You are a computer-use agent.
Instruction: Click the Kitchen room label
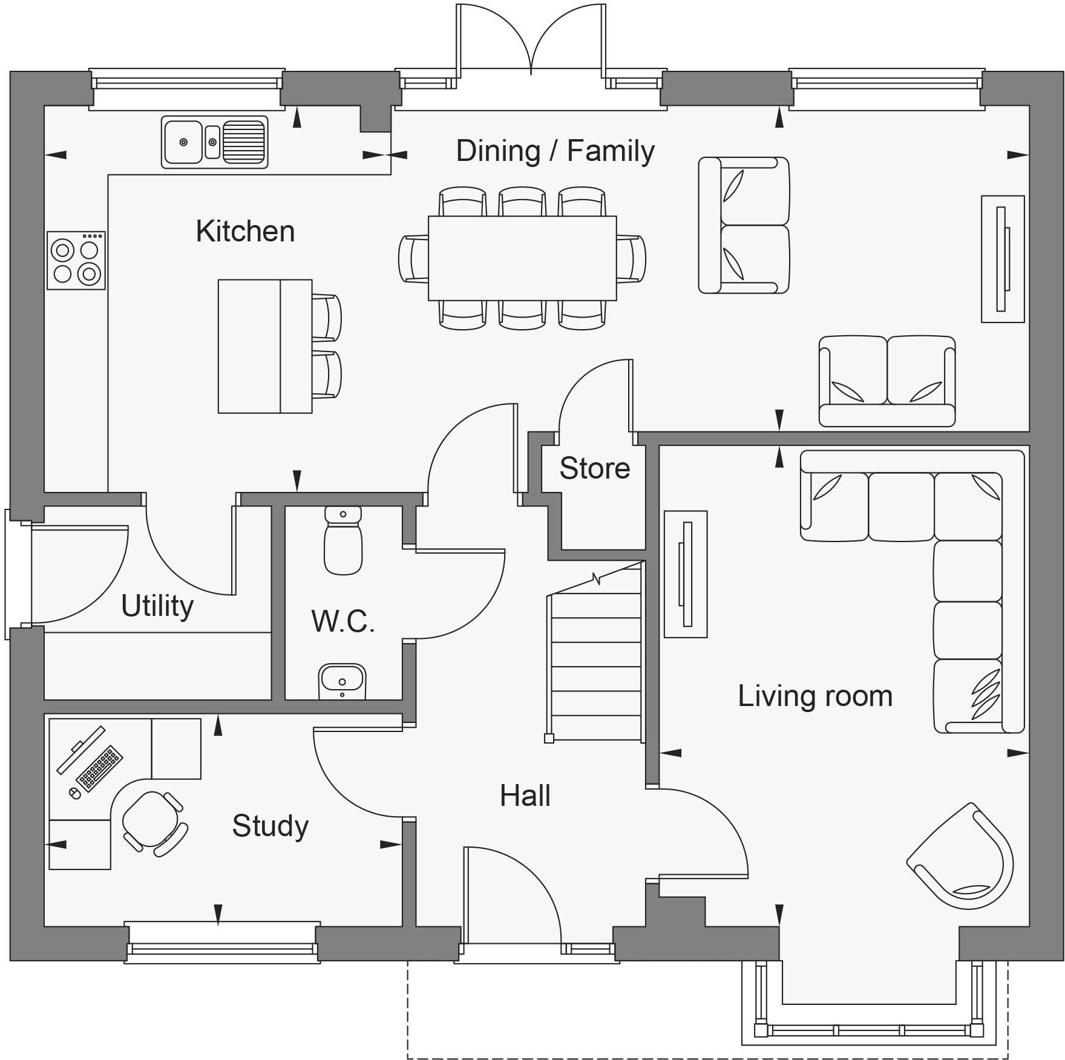[x=245, y=232]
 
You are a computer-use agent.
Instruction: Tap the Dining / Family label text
[x=555, y=151]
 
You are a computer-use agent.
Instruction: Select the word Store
[x=594, y=468]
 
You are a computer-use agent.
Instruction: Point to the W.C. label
[x=343, y=621]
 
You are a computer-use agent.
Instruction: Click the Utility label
[x=157, y=606]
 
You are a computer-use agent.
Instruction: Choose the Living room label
[x=814, y=696]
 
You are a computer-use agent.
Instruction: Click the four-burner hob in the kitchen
[x=76, y=260]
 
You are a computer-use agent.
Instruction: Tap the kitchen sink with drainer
[x=214, y=142]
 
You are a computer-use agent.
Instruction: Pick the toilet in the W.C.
[x=343, y=541]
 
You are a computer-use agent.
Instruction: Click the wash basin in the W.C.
[x=342, y=680]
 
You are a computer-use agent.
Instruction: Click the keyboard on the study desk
[x=100, y=768]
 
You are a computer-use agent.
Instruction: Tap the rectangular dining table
[x=522, y=258]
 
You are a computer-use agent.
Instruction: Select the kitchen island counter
[x=264, y=346]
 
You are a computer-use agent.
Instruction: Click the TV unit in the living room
[x=686, y=574]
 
